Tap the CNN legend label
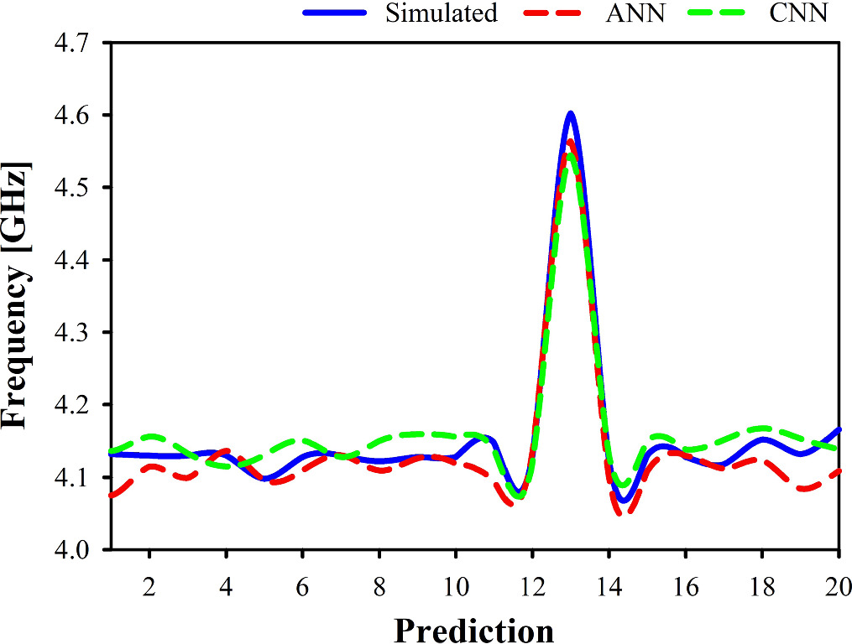pyautogui.click(x=803, y=13)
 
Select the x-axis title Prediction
pyautogui.click(x=473, y=629)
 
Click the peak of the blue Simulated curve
pyautogui.click(x=571, y=112)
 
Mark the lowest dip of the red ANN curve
pyautogui.click(x=622, y=513)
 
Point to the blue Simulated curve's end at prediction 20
pyautogui.click(x=838, y=429)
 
